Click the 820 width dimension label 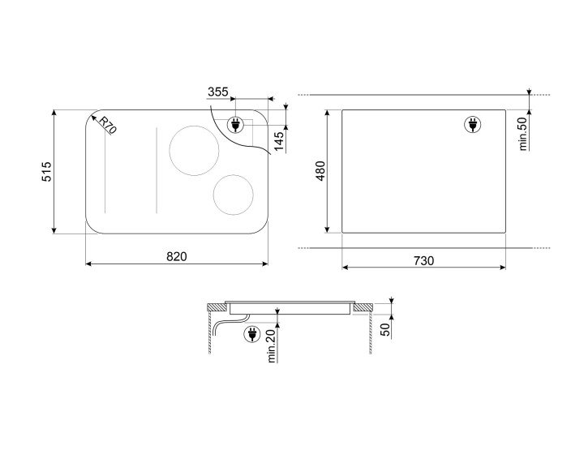(177, 256)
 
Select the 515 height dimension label (46, 171)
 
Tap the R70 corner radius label (108, 125)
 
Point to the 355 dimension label (218, 92)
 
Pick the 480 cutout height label (320, 171)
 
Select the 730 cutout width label (424, 261)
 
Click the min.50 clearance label (523, 134)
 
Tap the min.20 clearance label (271, 346)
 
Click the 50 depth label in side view (385, 330)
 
